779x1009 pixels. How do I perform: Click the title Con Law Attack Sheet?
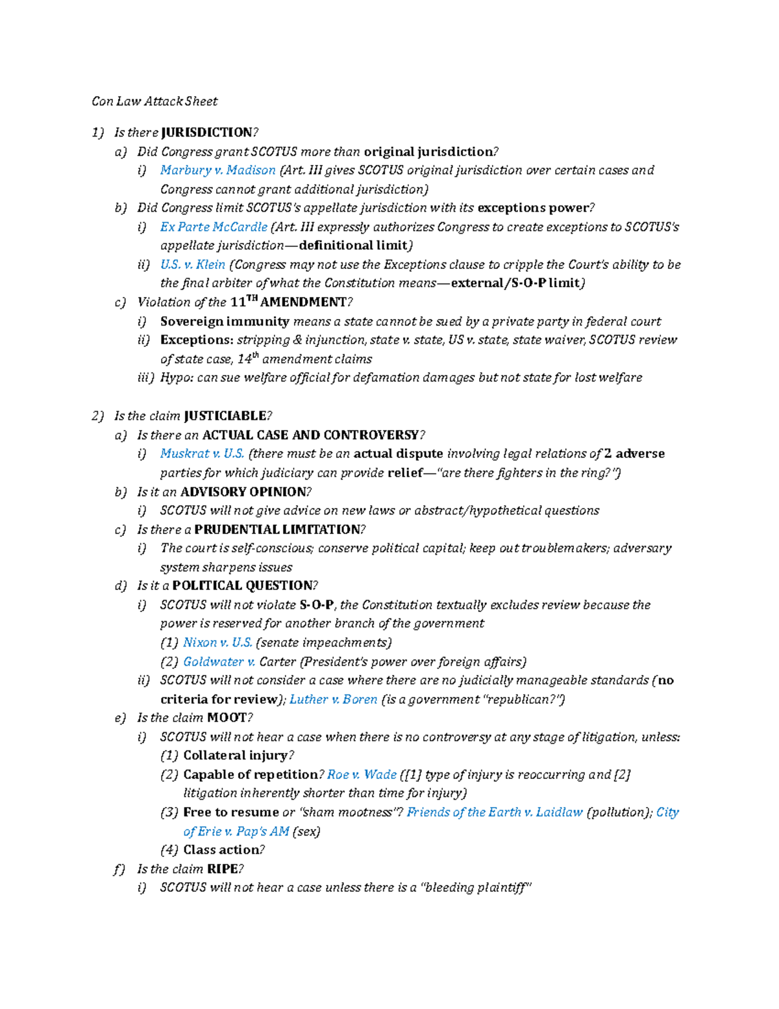click(155, 101)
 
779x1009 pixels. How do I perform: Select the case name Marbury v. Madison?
click(217, 170)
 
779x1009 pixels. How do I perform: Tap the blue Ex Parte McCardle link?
click(214, 227)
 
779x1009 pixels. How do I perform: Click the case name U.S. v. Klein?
click(192, 264)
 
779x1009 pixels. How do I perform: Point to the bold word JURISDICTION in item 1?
click(206, 133)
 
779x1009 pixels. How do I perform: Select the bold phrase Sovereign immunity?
click(225, 321)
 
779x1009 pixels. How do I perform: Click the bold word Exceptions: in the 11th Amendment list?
click(197, 340)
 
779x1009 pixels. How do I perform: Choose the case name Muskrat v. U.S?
click(202, 453)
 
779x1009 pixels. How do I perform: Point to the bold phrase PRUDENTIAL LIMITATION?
click(277, 530)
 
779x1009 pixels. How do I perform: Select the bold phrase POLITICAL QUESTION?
click(242, 585)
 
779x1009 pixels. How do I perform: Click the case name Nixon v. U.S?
click(217, 643)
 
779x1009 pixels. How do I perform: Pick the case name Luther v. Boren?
click(333, 699)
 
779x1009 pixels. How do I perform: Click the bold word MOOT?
click(227, 718)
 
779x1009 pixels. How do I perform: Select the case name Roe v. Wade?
click(362, 774)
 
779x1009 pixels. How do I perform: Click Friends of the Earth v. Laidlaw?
click(494, 812)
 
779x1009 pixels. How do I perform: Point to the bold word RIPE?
click(221, 869)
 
